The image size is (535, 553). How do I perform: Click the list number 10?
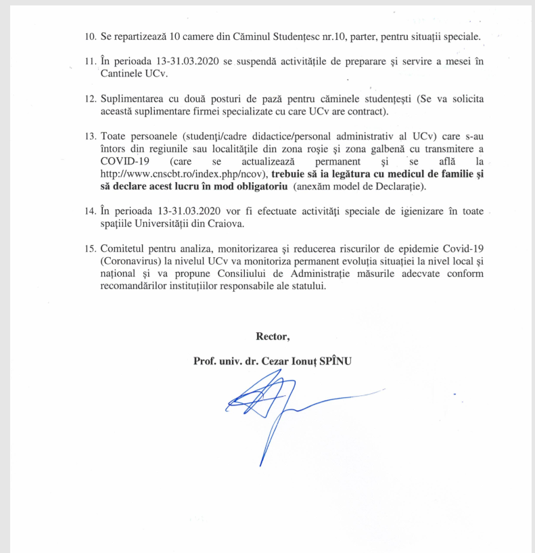(x=89, y=36)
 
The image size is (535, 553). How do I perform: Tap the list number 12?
(x=89, y=99)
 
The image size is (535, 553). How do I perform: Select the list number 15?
(x=89, y=249)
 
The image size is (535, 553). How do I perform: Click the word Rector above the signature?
(x=273, y=336)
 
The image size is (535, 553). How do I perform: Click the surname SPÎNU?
(x=329, y=361)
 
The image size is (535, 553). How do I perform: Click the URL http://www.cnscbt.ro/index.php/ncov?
(x=183, y=174)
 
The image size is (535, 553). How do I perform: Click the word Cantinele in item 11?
(x=122, y=74)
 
